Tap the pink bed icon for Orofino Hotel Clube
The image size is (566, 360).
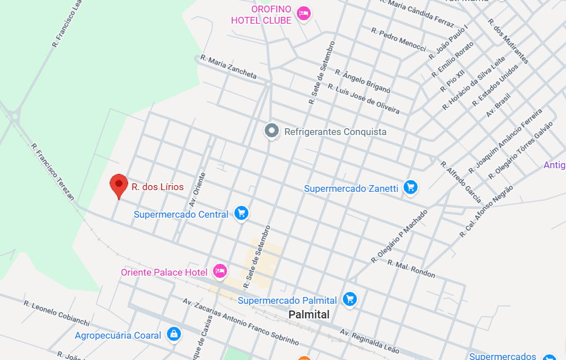[x=304, y=13]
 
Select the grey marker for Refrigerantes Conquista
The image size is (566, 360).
[x=272, y=131]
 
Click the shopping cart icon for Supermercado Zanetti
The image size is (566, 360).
[x=411, y=188]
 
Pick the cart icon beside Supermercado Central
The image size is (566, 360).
[x=242, y=213]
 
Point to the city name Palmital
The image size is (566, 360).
[x=309, y=315]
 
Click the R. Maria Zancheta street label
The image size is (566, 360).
[x=228, y=67]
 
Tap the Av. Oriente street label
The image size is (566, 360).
[x=197, y=189]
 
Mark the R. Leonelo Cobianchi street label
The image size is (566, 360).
[x=56, y=313]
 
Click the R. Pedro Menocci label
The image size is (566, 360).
[x=399, y=39]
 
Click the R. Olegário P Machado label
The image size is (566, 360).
[x=399, y=236]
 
